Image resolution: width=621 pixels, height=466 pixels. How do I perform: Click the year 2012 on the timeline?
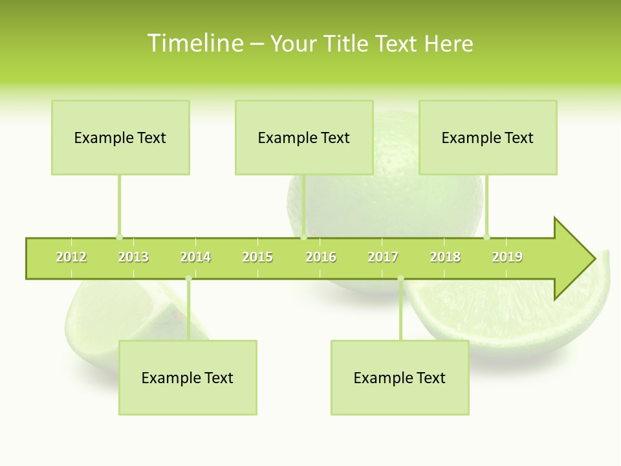tap(71, 258)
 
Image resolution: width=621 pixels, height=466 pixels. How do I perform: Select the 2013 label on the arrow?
tap(133, 258)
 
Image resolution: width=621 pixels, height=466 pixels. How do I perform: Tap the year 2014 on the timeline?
tap(195, 258)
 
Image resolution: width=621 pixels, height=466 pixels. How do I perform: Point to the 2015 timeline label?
tap(257, 258)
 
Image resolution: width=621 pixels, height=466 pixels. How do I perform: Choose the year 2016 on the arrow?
tap(321, 258)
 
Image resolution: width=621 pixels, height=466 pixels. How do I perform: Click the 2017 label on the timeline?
tap(383, 258)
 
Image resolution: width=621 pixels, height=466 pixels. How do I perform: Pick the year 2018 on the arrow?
tap(445, 258)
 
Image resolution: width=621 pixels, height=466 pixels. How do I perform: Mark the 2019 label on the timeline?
tap(507, 258)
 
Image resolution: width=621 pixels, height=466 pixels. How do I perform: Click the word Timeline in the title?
tap(194, 43)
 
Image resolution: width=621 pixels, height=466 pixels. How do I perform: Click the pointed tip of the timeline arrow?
tap(593, 259)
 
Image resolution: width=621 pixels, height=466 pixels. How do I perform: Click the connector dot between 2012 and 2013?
tap(119, 237)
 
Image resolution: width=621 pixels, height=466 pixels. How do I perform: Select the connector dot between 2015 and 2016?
tap(303, 237)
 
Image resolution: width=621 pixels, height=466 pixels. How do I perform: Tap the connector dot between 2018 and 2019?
tap(486, 237)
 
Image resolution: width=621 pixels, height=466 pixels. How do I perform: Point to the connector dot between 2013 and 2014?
tap(188, 279)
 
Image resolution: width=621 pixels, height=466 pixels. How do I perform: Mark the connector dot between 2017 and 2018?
tap(400, 279)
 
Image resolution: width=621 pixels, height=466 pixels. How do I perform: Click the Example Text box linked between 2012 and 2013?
tap(120, 138)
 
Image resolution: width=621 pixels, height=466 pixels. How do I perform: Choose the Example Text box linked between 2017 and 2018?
tap(400, 378)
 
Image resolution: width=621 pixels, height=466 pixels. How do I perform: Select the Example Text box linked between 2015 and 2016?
tap(304, 138)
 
